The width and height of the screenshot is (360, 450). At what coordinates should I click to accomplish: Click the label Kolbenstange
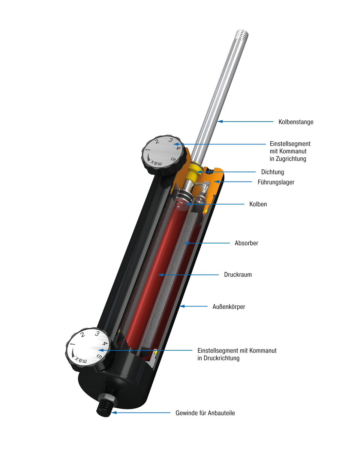pyautogui.click(x=295, y=122)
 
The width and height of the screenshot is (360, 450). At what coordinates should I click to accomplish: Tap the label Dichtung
pyautogui.click(x=272, y=172)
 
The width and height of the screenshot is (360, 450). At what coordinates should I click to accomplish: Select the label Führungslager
pyautogui.click(x=276, y=183)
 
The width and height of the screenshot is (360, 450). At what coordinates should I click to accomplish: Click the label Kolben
pyautogui.click(x=258, y=204)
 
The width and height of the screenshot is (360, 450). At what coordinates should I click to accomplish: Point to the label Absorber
pyautogui.click(x=246, y=243)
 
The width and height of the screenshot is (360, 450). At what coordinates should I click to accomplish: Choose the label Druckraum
pyautogui.click(x=238, y=274)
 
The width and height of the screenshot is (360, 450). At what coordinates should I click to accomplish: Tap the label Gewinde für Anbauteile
pyautogui.click(x=205, y=413)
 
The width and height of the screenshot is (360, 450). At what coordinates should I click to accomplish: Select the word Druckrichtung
pyautogui.click(x=218, y=358)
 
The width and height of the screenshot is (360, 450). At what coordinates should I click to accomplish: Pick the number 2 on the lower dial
pyautogui.click(x=82, y=336)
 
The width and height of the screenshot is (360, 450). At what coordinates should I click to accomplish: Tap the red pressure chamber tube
pyautogui.click(x=150, y=277)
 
